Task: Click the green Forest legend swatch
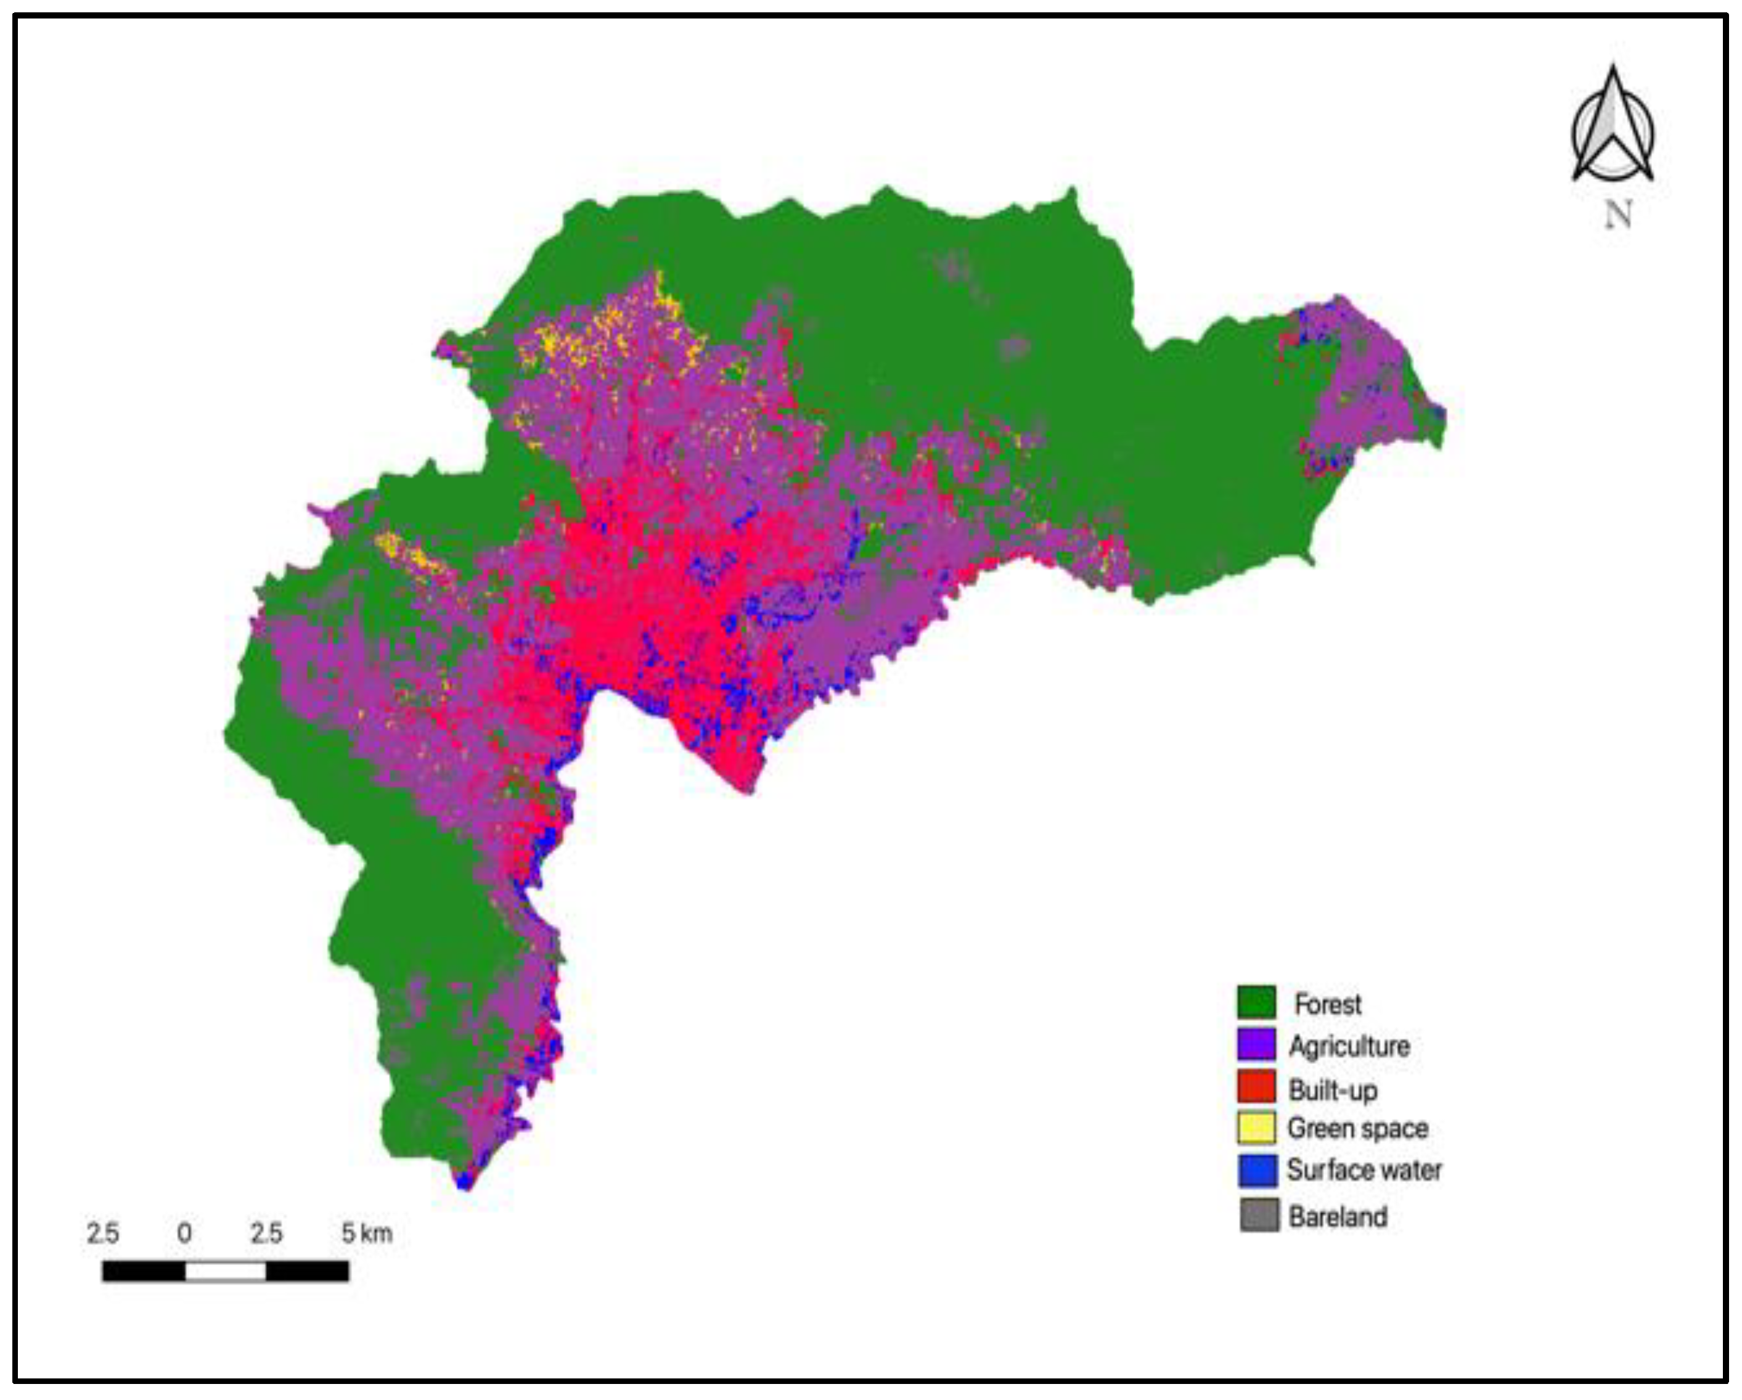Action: [1256, 1002]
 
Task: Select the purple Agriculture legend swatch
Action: [1256, 1044]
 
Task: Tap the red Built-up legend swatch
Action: [1256, 1087]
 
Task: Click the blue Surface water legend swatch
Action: [1257, 1171]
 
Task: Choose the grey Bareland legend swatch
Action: [1259, 1215]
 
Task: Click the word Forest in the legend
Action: [1328, 1004]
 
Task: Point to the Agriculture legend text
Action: [1349, 1046]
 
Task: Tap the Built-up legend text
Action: [1332, 1090]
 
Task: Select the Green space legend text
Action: [1357, 1129]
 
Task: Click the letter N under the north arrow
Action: [1617, 215]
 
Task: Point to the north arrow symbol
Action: [1613, 129]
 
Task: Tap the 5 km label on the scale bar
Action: [366, 1234]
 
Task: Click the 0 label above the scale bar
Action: [184, 1234]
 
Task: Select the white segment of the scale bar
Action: [226, 1272]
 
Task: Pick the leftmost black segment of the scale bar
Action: [144, 1272]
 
